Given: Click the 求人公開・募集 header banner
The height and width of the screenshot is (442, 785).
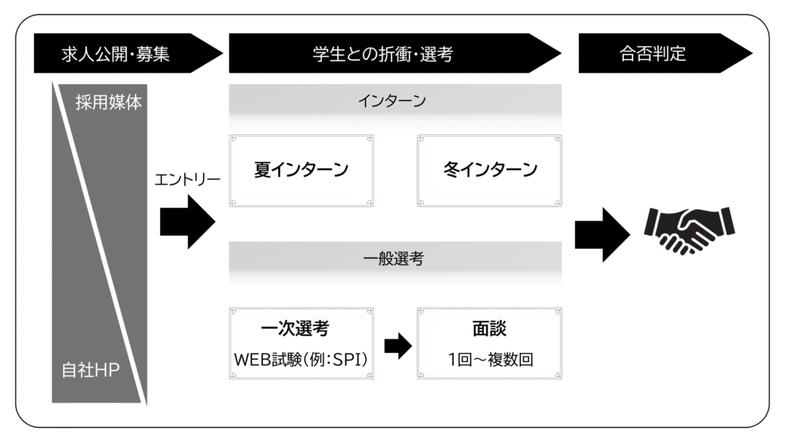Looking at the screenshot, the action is click(x=128, y=53).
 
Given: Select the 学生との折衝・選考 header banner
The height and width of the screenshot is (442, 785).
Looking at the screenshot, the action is click(x=395, y=53).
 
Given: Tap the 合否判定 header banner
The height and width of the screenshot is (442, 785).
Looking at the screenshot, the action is click(x=665, y=53).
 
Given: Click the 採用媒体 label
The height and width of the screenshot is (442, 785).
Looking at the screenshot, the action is click(x=109, y=102).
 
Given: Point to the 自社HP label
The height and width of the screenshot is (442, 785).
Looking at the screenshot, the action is click(x=90, y=370).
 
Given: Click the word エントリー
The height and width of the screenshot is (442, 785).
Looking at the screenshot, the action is click(x=187, y=180).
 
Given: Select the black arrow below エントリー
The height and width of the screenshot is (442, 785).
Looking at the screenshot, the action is click(x=188, y=222).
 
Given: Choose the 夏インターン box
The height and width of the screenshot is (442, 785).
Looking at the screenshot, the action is click(x=301, y=170).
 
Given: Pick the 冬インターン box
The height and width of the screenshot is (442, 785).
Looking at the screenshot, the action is click(x=490, y=170).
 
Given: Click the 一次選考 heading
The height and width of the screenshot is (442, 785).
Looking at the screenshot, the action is click(x=295, y=328).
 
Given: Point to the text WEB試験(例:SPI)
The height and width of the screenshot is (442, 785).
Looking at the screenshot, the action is click(x=301, y=359).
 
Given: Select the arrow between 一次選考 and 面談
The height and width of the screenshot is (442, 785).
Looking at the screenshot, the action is click(x=398, y=346).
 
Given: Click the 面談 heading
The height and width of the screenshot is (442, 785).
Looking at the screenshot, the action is click(x=490, y=328).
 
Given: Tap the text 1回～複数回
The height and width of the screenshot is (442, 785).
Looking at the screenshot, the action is click(x=491, y=359).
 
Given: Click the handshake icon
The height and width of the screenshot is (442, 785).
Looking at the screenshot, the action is click(x=689, y=230).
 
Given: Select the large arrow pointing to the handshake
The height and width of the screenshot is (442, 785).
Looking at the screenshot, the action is click(x=603, y=234).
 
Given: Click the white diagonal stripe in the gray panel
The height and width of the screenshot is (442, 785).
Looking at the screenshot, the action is click(x=100, y=244).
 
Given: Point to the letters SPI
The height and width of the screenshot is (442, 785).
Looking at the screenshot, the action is click(x=347, y=359).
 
